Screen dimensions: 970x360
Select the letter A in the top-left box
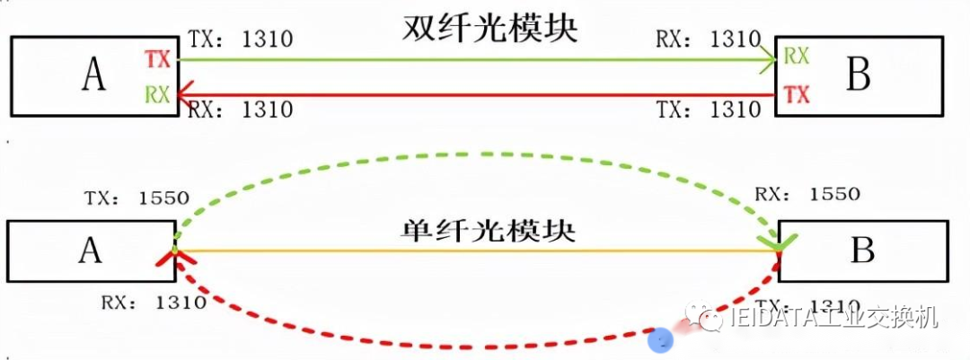pyautogui.click(x=93, y=77)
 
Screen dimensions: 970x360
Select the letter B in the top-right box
pyautogui.click(x=859, y=77)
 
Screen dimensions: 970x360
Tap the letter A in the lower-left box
pyautogui.click(x=90, y=250)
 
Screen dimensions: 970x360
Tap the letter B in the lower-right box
pyautogui.click(x=862, y=250)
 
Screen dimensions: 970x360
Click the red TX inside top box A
pyautogui.click(x=157, y=59)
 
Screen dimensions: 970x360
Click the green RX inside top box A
pyautogui.click(x=157, y=94)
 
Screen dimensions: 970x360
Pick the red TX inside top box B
pyautogui.click(x=796, y=93)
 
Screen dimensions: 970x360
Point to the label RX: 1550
pyautogui.click(x=807, y=194)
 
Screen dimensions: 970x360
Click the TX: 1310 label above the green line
pyautogui.click(x=241, y=40)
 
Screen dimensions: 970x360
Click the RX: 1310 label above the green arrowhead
pyautogui.click(x=708, y=40)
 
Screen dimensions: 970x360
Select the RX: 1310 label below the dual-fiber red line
pyautogui.click(x=240, y=110)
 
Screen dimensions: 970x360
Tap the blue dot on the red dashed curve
pyautogui.click(x=661, y=340)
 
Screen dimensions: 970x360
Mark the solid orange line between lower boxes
pyautogui.click(x=476, y=251)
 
